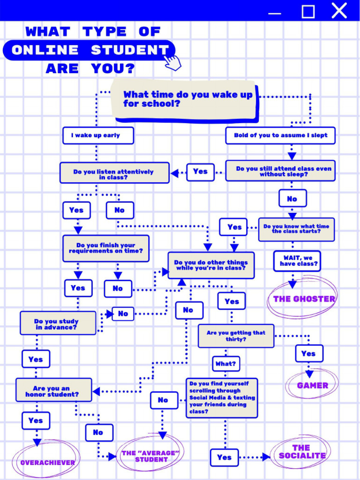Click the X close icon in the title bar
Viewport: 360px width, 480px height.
tap(339, 10)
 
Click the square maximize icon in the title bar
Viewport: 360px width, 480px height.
tap(308, 12)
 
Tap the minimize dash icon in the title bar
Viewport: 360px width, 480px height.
tap(274, 14)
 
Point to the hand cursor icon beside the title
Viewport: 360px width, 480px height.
tap(172, 62)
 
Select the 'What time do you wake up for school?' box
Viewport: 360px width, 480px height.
tap(185, 100)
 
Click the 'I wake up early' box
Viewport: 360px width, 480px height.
tap(98, 135)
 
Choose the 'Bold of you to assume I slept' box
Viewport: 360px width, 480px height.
tap(280, 135)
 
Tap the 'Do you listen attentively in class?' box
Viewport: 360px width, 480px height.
tap(114, 173)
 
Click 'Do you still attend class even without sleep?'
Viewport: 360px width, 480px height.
tap(280, 171)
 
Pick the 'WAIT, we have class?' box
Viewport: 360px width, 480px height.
tap(297, 262)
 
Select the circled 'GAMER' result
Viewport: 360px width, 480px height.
tap(312, 385)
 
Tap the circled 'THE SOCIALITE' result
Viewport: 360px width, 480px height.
tap(302, 452)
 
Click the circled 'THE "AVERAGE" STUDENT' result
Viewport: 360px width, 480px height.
tap(150, 456)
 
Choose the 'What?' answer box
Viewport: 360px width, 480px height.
tap(226, 364)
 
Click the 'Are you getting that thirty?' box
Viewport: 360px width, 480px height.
tap(236, 336)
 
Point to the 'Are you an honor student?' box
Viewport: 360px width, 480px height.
tap(53, 390)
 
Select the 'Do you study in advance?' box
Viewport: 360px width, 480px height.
tap(58, 323)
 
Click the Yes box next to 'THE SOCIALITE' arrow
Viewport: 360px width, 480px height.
tap(224, 457)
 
